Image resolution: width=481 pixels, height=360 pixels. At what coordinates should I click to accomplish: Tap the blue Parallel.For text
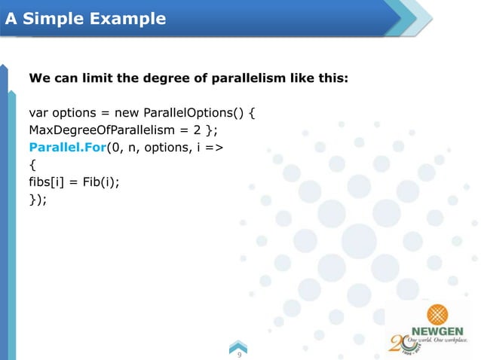click(x=67, y=148)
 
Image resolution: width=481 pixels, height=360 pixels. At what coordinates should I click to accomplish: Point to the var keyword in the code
click(x=38, y=113)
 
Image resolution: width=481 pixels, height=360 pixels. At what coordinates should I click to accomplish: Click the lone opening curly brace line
click(x=32, y=165)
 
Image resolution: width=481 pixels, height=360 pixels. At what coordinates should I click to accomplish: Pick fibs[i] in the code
click(x=46, y=182)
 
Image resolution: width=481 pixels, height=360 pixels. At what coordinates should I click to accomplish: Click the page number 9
click(x=239, y=352)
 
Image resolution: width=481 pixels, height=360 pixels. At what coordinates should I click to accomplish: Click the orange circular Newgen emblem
click(x=438, y=313)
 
